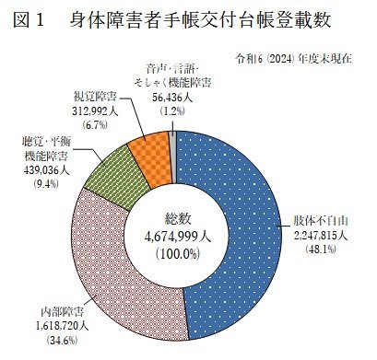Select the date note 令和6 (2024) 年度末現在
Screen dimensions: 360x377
pos(304,58)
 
